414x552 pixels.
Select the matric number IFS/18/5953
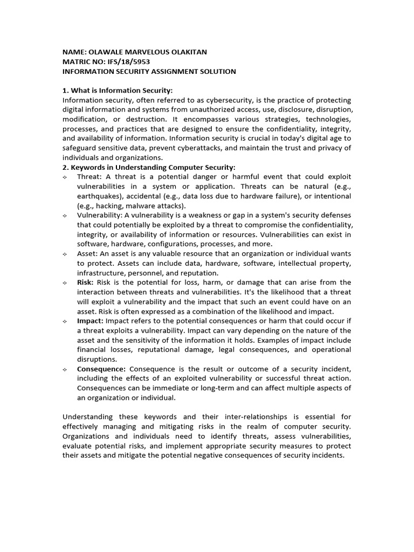pos(126,61)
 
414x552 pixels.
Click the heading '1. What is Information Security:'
pos(118,91)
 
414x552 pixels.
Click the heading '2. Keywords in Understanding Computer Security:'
pos(149,167)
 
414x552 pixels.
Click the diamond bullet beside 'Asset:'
pos(65,253)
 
